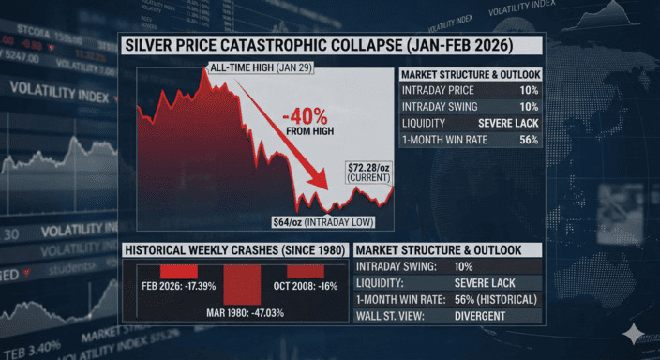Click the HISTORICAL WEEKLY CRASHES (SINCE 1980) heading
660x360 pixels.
click(x=232, y=250)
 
